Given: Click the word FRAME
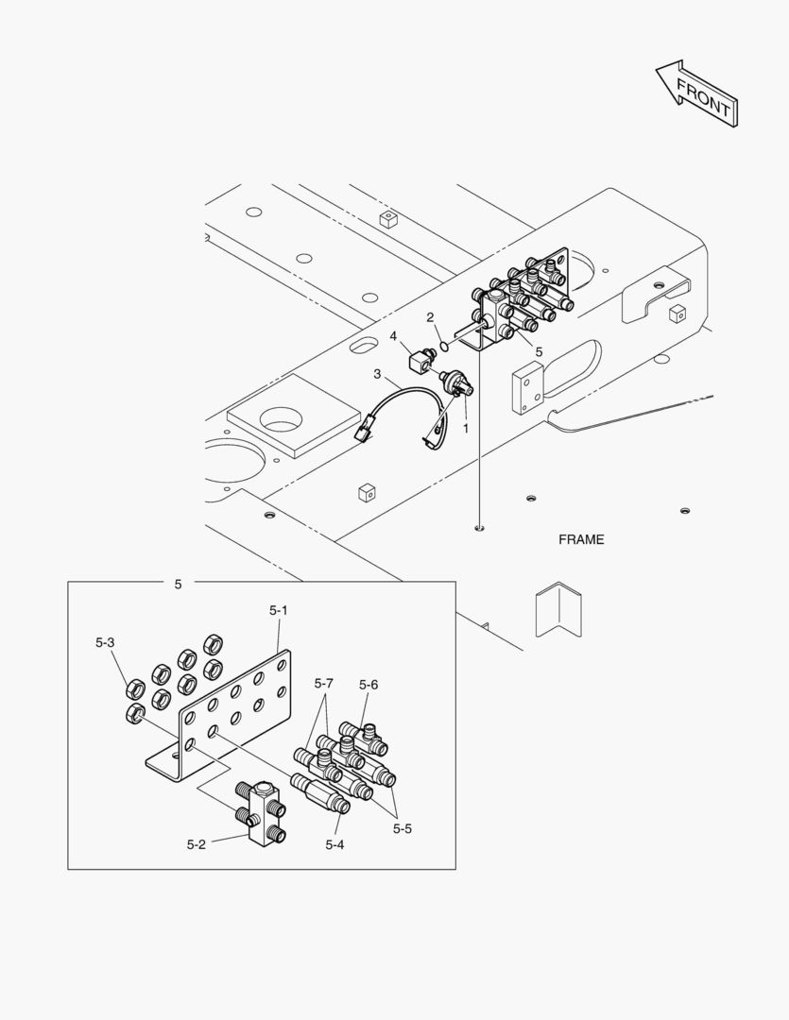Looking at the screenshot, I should [x=580, y=540].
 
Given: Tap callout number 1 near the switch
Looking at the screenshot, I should [x=465, y=428].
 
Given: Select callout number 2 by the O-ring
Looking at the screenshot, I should [x=430, y=317].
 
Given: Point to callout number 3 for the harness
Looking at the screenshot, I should [x=377, y=374].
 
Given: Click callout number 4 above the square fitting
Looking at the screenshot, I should [x=393, y=335].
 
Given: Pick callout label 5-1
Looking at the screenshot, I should [x=278, y=611].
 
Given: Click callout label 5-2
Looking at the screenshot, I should [x=196, y=844].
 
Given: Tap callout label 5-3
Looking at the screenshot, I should [x=105, y=643].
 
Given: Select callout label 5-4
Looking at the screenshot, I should [x=334, y=844].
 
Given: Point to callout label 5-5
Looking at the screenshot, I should [x=403, y=828].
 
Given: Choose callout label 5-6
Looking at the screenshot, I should [x=368, y=685].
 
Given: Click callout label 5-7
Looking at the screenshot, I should [x=324, y=683].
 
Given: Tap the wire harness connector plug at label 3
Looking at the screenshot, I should [x=362, y=433].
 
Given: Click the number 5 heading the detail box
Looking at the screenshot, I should [x=178, y=585].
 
